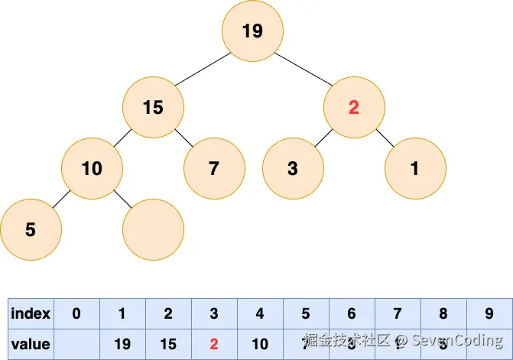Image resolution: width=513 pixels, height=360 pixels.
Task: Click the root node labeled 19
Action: click(x=252, y=31)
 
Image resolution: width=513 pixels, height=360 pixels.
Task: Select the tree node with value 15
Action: click(x=153, y=107)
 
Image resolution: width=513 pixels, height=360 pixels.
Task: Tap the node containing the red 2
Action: click(x=353, y=107)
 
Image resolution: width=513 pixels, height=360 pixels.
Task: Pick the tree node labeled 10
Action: click(x=92, y=168)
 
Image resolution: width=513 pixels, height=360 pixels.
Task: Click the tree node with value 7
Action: click(x=214, y=168)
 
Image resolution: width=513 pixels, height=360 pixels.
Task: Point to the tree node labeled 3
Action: click(x=293, y=168)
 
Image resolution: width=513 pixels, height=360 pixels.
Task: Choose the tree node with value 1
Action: click(x=415, y=168)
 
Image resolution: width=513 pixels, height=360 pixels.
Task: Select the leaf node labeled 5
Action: click(x=31, y=229)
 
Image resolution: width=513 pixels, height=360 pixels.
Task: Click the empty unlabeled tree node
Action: click(x=154, y=229)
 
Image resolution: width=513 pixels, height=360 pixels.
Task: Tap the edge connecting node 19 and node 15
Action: click(x=200, y=70)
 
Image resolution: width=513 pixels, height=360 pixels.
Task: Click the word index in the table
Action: click(x=31, y=313)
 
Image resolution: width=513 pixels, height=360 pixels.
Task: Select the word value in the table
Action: click(x=31, y=344)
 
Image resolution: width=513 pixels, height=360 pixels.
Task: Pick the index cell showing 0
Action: click(x=76, y=313)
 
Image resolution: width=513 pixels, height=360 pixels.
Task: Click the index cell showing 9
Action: click(x=489, y=313)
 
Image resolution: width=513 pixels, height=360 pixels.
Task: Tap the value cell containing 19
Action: click(x=122, y=344)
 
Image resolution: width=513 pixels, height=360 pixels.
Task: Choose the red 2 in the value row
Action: click(x=214, y=344)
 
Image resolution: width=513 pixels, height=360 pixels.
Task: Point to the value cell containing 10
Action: click(x=260, y=344)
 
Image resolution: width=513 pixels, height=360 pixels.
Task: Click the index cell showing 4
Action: click(x=260, y=313)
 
